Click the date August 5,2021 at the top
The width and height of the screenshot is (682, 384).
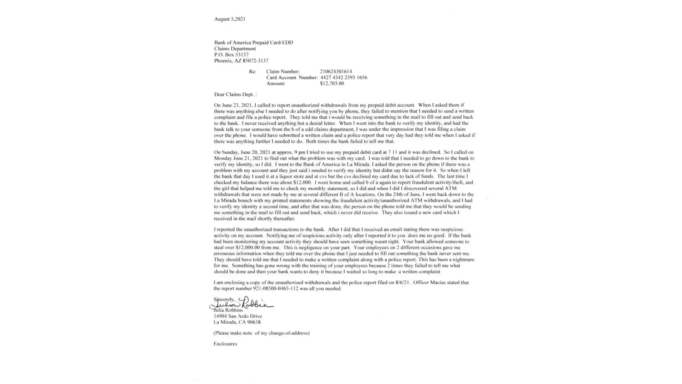click(x=230, y=19)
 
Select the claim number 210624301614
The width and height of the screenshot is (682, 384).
click(x=336, y=71)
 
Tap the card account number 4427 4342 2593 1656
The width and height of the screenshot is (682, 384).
click(x=344, y=78)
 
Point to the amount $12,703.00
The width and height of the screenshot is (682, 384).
click(x=332, y=83)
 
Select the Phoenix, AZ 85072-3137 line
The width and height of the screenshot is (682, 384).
click(x=241, y=61)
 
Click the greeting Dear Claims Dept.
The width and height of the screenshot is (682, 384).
click(x=235, y=94)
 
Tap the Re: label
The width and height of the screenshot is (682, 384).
click(x=252, y=71)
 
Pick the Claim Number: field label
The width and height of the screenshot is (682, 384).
click(x=283, y=71)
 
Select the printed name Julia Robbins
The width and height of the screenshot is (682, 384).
click(x=229, y=310)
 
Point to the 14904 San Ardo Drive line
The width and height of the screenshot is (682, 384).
click(x=238, y=316)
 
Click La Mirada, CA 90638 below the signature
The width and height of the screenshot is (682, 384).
click(x=237, y=322)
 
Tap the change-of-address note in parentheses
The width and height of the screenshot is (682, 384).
click(x=261, y=333)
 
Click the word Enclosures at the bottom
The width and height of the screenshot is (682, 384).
click(x=225, y=344)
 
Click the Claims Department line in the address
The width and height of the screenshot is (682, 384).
click(x=235, y=49)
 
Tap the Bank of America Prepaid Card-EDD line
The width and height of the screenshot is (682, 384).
click(x=254, y=43)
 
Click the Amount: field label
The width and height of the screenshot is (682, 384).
click(x=275, y=83)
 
